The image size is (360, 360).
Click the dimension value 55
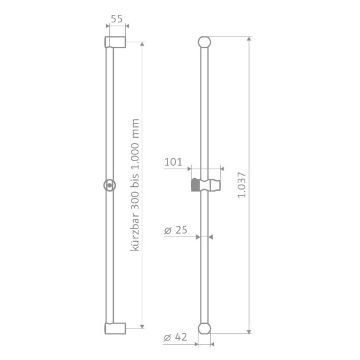pyautogui.click(x=117, y=18)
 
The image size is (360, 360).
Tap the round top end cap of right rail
pyautogui.click(x=205, y=42)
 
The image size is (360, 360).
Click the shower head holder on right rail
pyautogui.click(x=205, y=185)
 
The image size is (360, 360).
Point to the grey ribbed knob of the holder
pyautogui.click(x=194, y=185)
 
